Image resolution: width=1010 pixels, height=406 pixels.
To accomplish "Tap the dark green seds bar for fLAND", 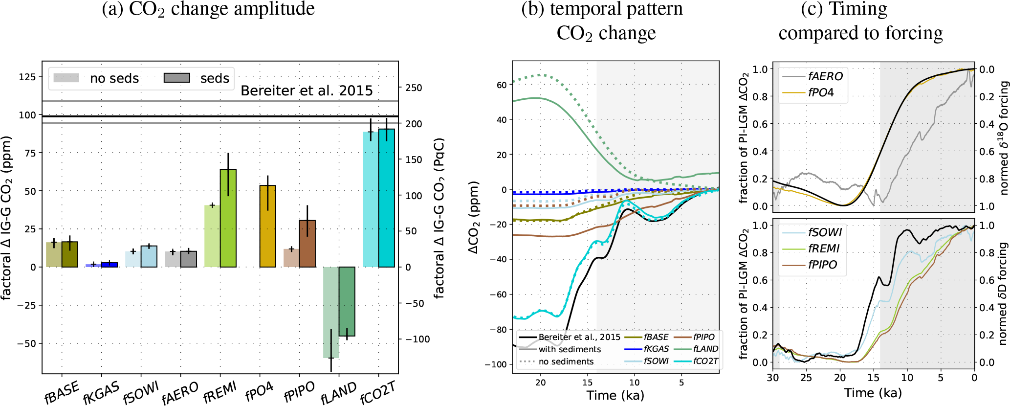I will (x=347, y=301).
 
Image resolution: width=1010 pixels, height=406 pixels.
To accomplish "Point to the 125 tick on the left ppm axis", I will (x=27, y=77).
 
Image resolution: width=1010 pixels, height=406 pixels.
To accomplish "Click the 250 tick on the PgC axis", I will (x=414, y=88).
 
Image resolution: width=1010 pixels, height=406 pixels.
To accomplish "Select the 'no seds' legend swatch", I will (x=66, y=78).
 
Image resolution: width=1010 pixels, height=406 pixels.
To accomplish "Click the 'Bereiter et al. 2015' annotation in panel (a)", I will (x=307, y=91).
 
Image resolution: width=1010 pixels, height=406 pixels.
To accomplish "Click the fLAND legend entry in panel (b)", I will (x=705, y=349).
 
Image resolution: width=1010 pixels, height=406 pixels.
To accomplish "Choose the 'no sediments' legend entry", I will (x=566, y=361).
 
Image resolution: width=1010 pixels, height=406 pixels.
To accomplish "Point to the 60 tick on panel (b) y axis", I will (x=502, y=85).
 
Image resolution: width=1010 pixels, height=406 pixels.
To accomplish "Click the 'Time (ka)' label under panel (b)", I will (x=615, y=395).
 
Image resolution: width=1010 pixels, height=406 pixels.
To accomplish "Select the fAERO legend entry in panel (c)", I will (x=825, y=76).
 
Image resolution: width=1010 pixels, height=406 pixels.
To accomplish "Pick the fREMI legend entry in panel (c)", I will (x=823, y=248).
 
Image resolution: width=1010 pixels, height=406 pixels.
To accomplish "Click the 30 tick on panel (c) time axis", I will (x=773, y=378).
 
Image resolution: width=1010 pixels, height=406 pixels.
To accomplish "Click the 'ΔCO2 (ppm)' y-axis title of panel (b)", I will (x=473, y=218).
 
